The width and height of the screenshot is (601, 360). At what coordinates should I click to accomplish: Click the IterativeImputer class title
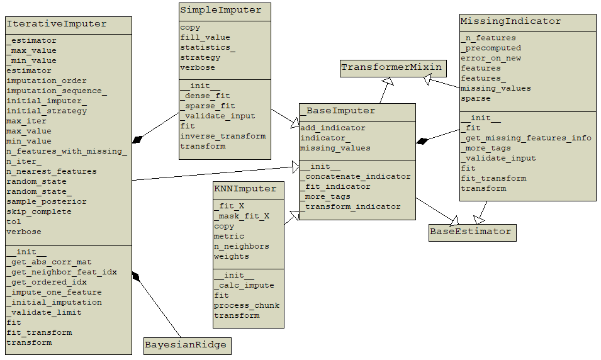pos(57,25)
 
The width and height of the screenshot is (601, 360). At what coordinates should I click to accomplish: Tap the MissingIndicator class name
pos(510,21)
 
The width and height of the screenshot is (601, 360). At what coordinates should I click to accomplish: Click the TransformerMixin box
pos(392,67)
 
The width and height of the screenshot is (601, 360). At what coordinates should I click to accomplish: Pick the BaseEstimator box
pos(471,232)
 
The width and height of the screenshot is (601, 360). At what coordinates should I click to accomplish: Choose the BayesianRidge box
pos(186,345)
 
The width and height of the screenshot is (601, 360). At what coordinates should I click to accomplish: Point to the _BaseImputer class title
pos(337,111)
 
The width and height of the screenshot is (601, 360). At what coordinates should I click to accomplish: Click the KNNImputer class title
pos(245,189)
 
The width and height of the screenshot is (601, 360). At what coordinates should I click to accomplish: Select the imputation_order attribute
pos(47,81)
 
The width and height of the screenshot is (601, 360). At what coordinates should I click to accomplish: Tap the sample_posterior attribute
pos(47,202)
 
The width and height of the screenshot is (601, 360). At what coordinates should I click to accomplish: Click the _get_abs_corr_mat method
pos(49,262)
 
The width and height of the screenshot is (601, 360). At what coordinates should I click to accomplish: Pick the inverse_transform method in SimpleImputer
pos(223,137)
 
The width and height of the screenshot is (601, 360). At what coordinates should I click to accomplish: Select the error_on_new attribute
pos(491,59)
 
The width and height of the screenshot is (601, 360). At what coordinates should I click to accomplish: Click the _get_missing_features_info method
pos(526,138)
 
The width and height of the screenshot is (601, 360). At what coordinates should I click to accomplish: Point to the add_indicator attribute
pos(332,128)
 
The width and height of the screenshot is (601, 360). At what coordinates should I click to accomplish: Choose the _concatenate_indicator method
pos(355,177)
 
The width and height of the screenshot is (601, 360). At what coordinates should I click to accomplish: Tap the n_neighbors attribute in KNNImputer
pos(242,247)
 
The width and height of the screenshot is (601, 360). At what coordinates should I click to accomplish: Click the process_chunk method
pos(247,306)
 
